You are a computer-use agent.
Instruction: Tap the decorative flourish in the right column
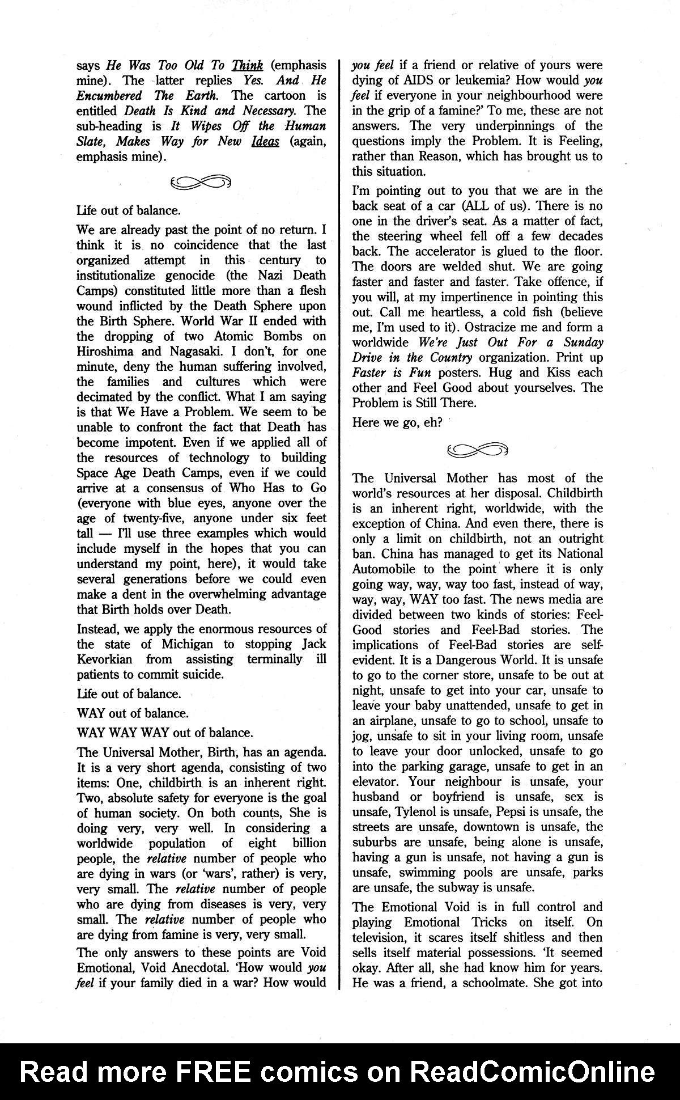[477, 450]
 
